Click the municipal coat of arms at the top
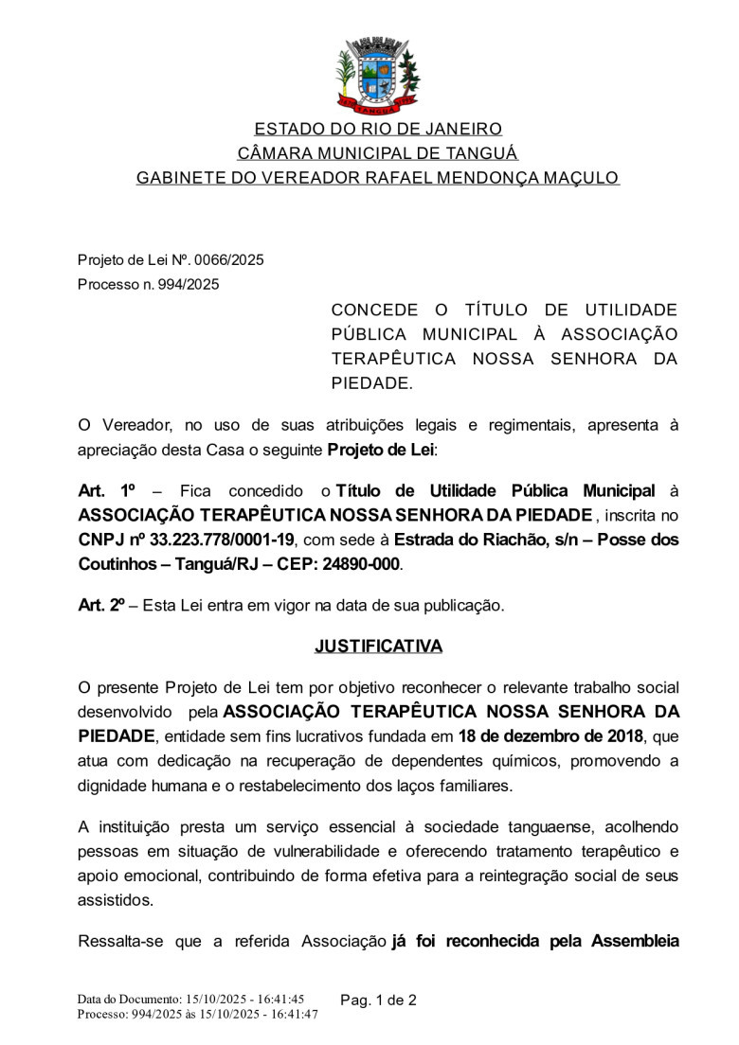pyautogui.click(x=378, y=73)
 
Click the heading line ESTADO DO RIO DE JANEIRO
pyautogui.click(x=378, y=129)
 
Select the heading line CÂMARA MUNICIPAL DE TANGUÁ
pyautogui.click(x=377, y=153)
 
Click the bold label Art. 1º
pyautogui.click(x=108, y=490)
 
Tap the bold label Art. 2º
pyautogui.click(x=101, y=605)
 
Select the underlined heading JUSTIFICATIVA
pyautogui.click(x=378, y=646)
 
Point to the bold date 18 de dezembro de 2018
pyautogui.click(x=550, y=736)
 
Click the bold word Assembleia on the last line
pyautogui.click(x=635, y=942)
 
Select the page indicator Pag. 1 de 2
pyautogui.click(x=378, y=1001)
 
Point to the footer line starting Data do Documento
pyautogui.click(x=189, y=1000)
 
